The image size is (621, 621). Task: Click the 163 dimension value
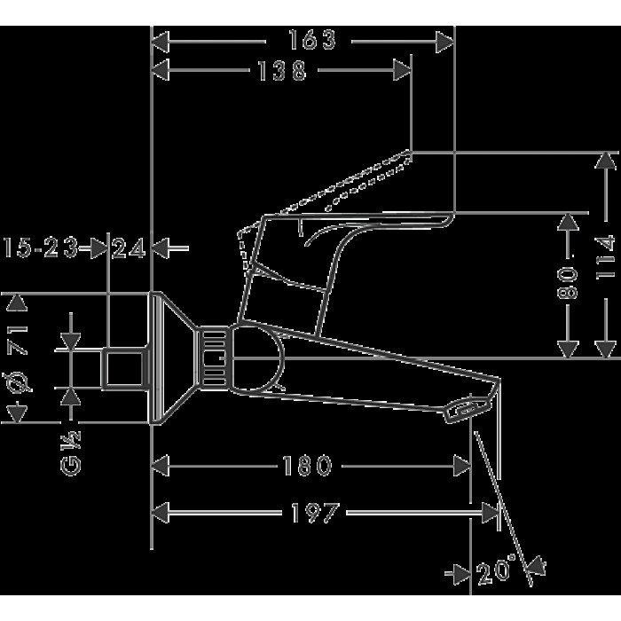point(312,40)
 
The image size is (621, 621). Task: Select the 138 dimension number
point(282,71)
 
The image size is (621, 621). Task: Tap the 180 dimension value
point(307,466)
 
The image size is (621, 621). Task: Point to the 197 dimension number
point(315,513)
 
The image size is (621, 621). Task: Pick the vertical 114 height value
point(606,258)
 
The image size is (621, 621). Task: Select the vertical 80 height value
point(568,282)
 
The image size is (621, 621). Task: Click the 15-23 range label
point(41,248)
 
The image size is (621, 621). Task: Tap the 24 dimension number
point(128,248)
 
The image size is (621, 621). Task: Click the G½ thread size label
point(71,452)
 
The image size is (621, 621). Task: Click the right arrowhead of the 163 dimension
point(444,42)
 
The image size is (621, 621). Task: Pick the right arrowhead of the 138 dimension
point(402,70)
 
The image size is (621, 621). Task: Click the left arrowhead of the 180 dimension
point(161,466)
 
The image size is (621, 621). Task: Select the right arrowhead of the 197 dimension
point(491,514)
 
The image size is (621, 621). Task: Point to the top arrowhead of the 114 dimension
point(605,161)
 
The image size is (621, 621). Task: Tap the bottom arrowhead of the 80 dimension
point(568,350)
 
